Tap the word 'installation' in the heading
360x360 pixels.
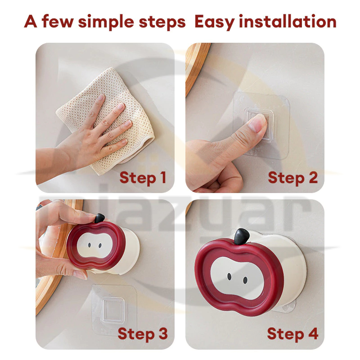point(288,21)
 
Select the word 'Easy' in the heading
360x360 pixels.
point(215,22)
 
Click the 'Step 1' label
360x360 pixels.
point(143,178)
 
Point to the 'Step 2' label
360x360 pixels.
point(293,178)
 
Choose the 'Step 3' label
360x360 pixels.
point(143,334)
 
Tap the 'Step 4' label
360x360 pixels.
point(293,334)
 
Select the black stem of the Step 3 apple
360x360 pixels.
point(99,218)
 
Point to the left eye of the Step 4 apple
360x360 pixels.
point(229,277)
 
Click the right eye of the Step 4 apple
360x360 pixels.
point(245,280)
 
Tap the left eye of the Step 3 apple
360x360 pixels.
point(89,245)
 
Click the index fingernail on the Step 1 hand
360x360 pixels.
point(101,97)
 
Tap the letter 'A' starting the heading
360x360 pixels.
point(31,21)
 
